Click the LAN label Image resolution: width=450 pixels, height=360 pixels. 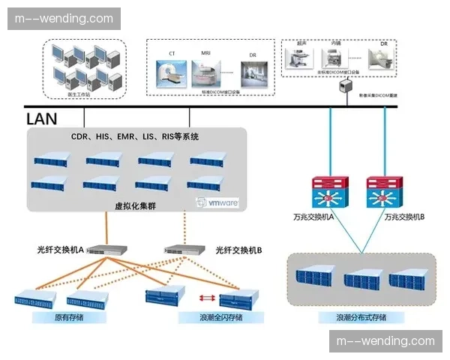[x=41, y=118]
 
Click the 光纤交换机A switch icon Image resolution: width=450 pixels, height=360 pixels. [x=105, y=250]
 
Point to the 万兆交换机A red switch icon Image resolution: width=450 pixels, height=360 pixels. [x=331, y=193]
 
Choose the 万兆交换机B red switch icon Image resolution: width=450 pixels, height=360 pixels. [x=385, y=193]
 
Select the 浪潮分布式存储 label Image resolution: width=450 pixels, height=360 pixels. [x=361, y=317]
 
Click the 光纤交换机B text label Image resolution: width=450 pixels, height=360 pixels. [x=238, y=250]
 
